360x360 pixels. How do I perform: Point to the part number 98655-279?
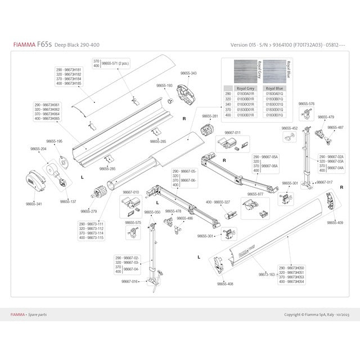pos(89,211)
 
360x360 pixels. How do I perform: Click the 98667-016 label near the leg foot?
pos(129,281)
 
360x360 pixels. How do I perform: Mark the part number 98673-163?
pos(267,274)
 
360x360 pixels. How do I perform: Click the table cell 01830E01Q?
pos(274,114)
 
